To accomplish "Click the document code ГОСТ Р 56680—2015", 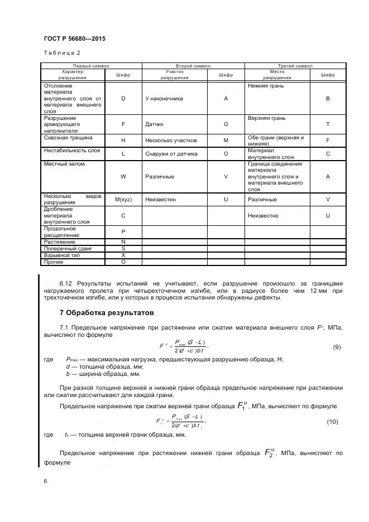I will point(74,38).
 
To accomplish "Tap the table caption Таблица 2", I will point(62,52).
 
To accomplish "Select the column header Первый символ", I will point(91,66).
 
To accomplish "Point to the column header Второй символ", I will point(193,66).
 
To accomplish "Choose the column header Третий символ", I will point(295,66).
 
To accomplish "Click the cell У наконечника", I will point(163,99).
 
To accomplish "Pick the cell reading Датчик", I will point(154,124).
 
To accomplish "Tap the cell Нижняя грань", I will point(266,86).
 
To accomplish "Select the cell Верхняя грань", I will point(267,118).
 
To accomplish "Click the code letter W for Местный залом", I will point(123,177).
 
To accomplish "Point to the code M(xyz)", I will point(123,199).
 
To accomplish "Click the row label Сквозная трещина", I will point(68,137).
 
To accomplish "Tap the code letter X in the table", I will point(123,255).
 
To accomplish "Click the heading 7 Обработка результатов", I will point(106,313).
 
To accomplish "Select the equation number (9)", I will point(337,347).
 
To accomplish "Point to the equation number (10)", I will point(333,422).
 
